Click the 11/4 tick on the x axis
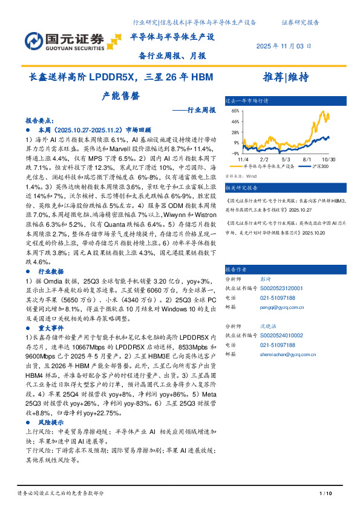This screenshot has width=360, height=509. click(x=243, y=158)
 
